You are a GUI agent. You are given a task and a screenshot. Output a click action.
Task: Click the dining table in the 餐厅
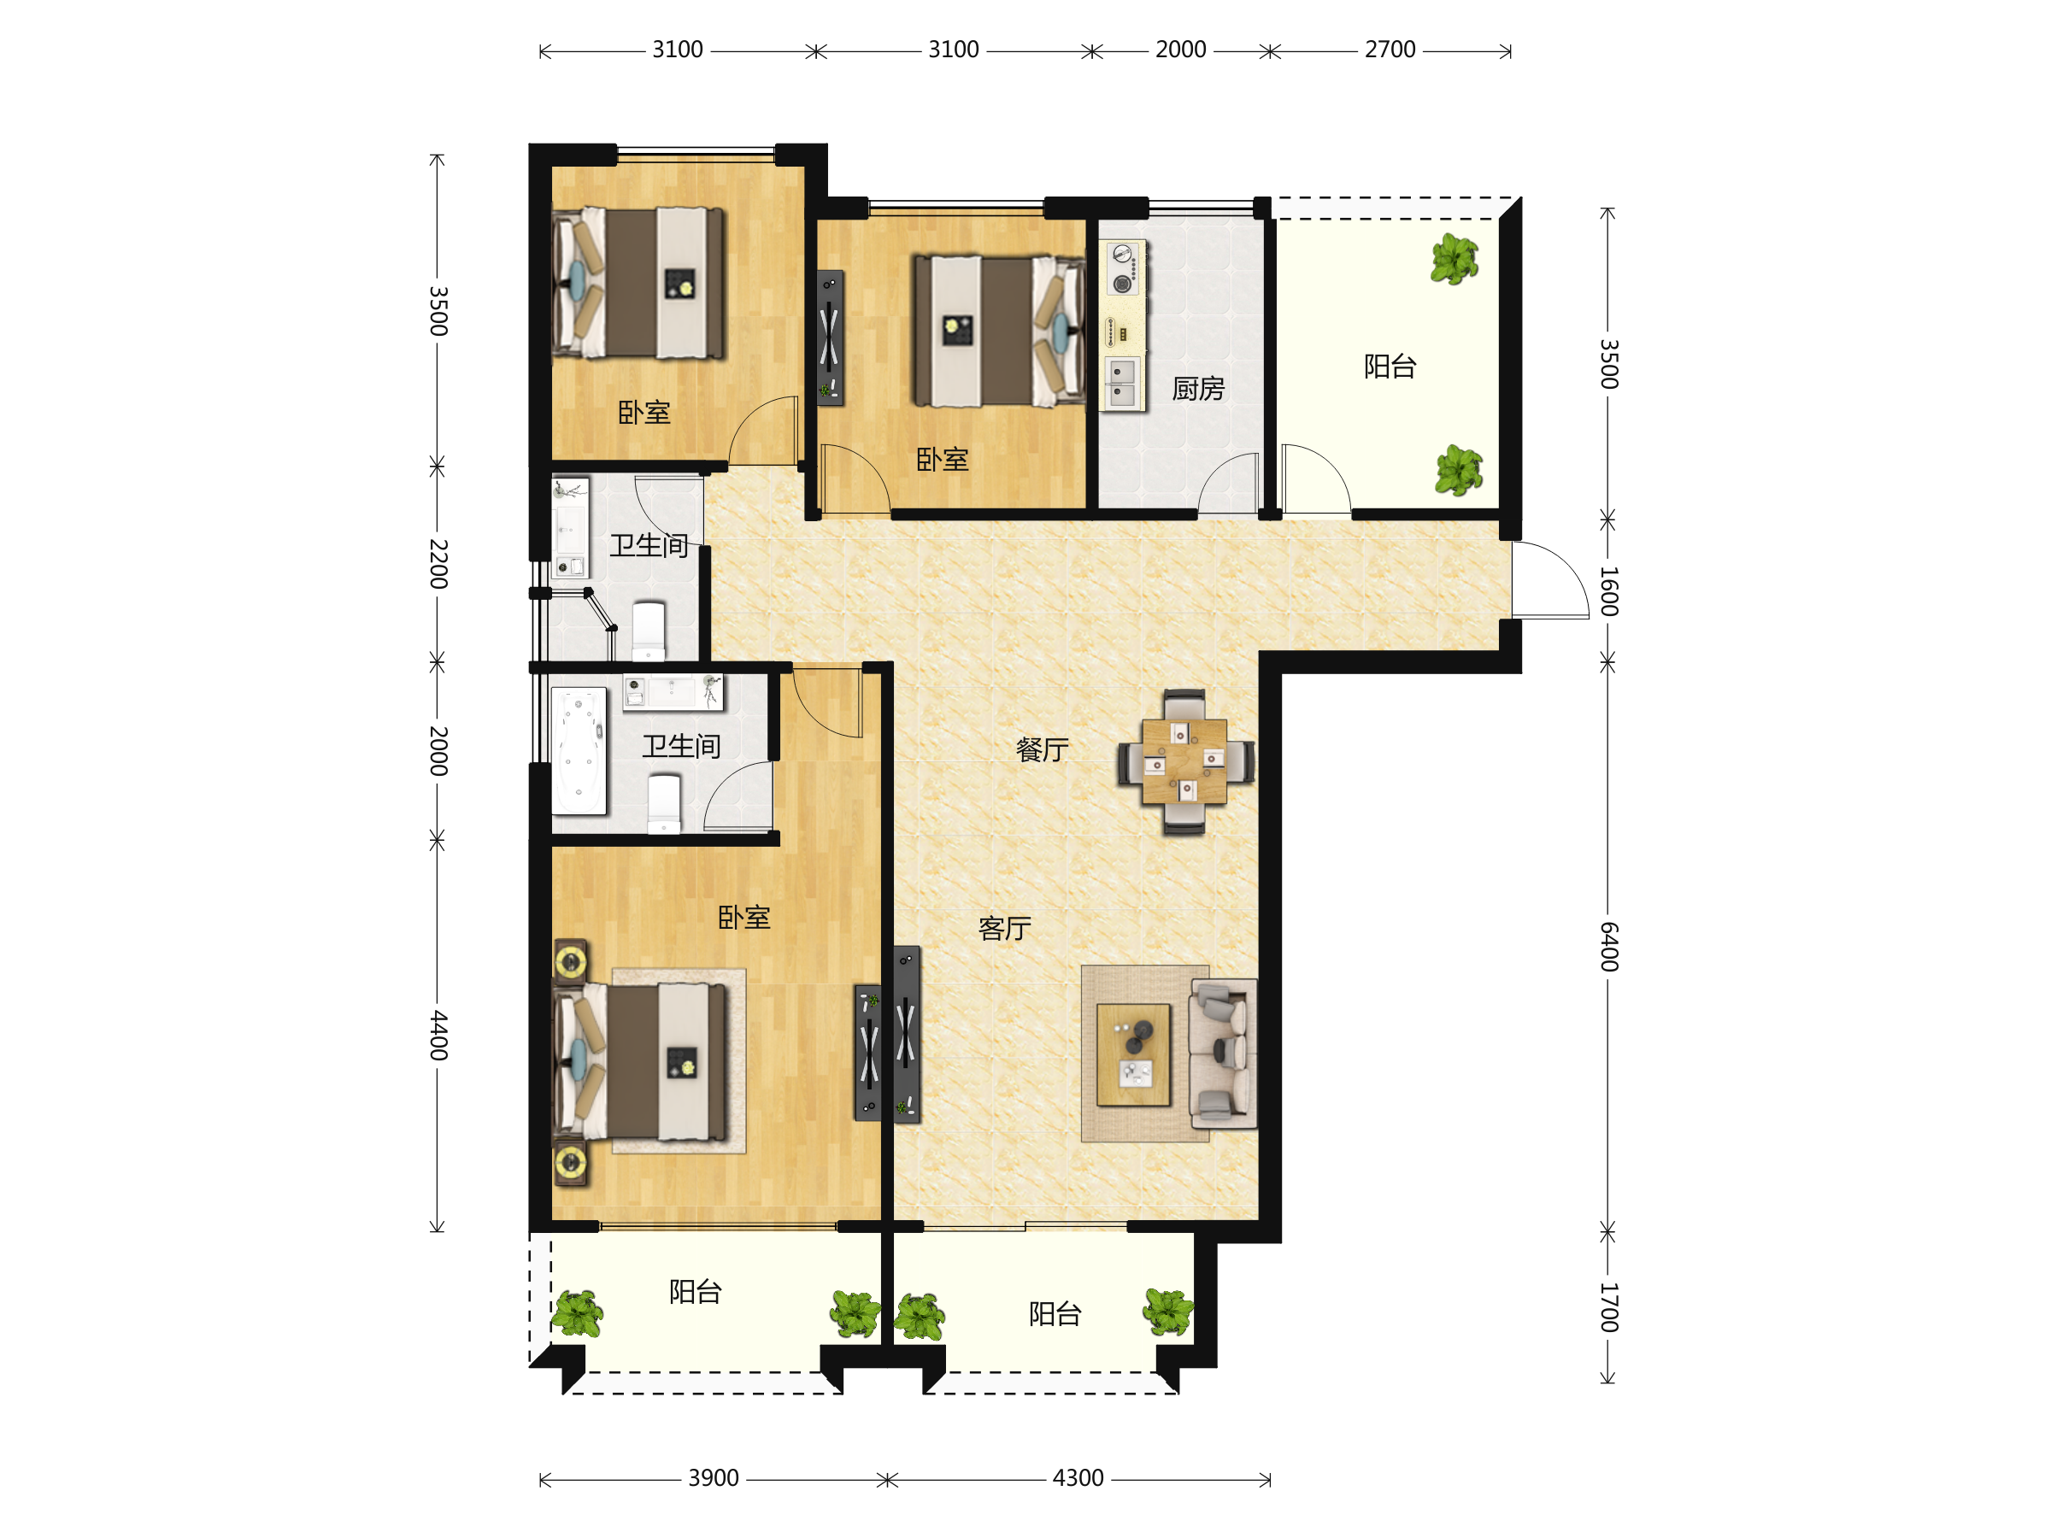tap(1184, 761)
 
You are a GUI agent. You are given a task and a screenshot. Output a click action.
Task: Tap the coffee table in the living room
tap(1133, 1055)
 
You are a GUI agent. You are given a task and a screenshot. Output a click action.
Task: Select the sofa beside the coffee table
tap(1223, 1054)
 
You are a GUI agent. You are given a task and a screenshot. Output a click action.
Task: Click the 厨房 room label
tap(1198, 389)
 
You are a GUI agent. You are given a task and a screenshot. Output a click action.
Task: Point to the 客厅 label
tap(1005, 928)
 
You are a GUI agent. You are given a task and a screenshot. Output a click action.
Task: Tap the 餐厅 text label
tap(1043, 749)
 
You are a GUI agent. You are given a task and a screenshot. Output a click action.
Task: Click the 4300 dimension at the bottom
tap(1078, 1477)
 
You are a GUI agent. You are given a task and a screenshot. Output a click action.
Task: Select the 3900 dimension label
tap(713, 1477)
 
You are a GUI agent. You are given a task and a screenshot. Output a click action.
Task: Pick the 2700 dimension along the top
tap(1390, 50)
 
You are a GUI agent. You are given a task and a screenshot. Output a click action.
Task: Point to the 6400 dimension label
tap(1608, 947)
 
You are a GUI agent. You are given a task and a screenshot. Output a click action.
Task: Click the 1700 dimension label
tap(1608, 1307)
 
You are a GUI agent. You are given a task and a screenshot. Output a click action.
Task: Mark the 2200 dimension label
tap(438, 564)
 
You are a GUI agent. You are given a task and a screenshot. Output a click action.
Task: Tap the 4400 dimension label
tap(438, 1036)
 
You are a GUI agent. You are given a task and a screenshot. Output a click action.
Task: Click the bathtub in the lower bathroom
tap(579, 751)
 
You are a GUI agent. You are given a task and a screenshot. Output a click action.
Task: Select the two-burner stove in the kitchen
tap(1123, 268)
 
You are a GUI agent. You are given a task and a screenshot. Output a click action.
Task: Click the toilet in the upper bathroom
tap(649, 631)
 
